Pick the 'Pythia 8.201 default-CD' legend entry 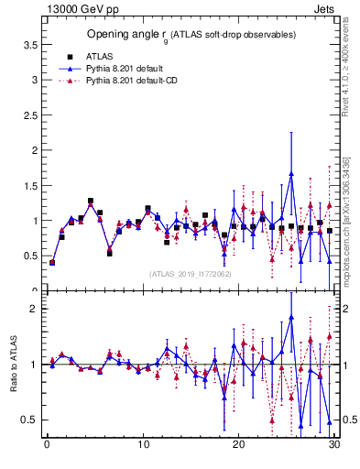click(132, 82)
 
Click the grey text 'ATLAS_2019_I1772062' click(191, 273)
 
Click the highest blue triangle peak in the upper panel click(291, 173)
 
